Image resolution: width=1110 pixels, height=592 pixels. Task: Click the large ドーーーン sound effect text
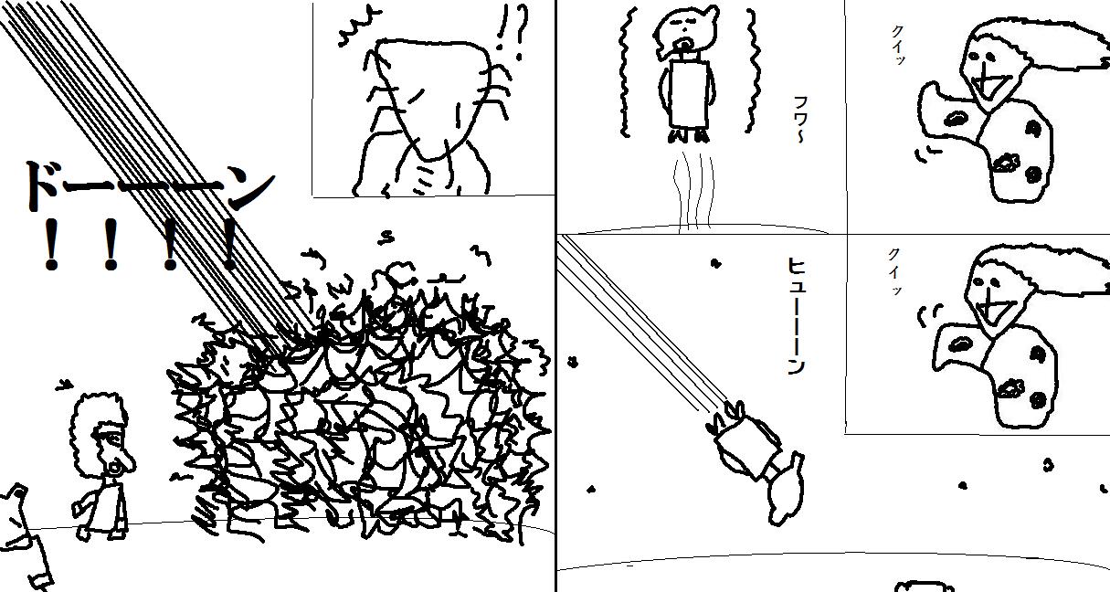[x=149, y=187]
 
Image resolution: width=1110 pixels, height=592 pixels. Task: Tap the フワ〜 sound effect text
[x=800, y=120]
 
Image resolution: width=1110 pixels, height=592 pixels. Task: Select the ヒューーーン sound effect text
[x=796, y=315]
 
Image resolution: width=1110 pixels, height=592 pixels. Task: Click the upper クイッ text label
[x=898, y=45]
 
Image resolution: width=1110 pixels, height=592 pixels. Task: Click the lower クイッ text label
[x=895, y=271]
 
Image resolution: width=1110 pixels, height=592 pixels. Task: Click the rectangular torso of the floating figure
[x=689, y=94]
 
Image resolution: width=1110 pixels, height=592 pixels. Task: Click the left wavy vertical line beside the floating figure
[x=624, y=72]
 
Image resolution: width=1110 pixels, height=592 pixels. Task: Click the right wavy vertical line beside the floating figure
[x=752, y=70]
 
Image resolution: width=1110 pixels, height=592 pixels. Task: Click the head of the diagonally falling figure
[x=788, y=491]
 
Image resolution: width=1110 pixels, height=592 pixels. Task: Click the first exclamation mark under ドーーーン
[x=50, y=244]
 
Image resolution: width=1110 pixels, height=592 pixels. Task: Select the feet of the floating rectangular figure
[x=689, y=135]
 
